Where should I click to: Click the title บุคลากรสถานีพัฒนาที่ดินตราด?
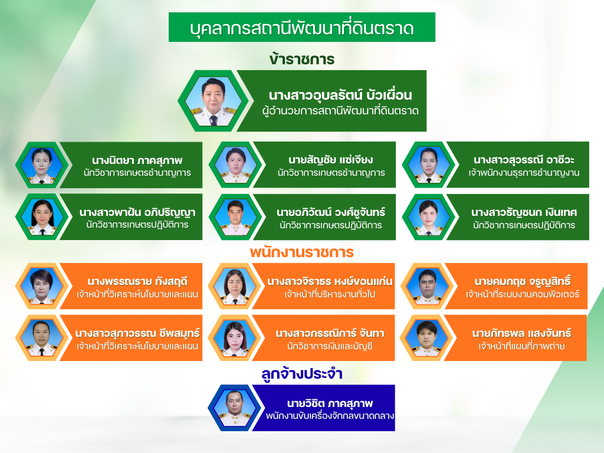[x=301, y=28]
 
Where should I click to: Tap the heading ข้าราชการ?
[x=301, y=60]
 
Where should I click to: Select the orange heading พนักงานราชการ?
[x=301, y=252]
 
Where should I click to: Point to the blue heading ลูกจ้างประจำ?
[x=302, y=373]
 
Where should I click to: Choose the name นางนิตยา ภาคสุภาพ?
[x=137, y=160]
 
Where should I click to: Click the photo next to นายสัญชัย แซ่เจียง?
[x=235, y=165]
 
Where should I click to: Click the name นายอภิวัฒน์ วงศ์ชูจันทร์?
[x=330, y=212]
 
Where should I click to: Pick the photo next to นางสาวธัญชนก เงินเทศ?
[x=428, y=216]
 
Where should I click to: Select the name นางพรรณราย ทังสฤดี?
[x=137, y=281]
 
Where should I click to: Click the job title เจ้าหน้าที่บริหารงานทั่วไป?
[x=330, y=294]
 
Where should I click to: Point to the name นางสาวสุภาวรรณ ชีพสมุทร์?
[x=137, y=333]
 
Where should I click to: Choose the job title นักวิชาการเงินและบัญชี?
[x=330, y=346]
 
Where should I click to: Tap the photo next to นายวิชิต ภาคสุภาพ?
[x=235, y=408]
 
